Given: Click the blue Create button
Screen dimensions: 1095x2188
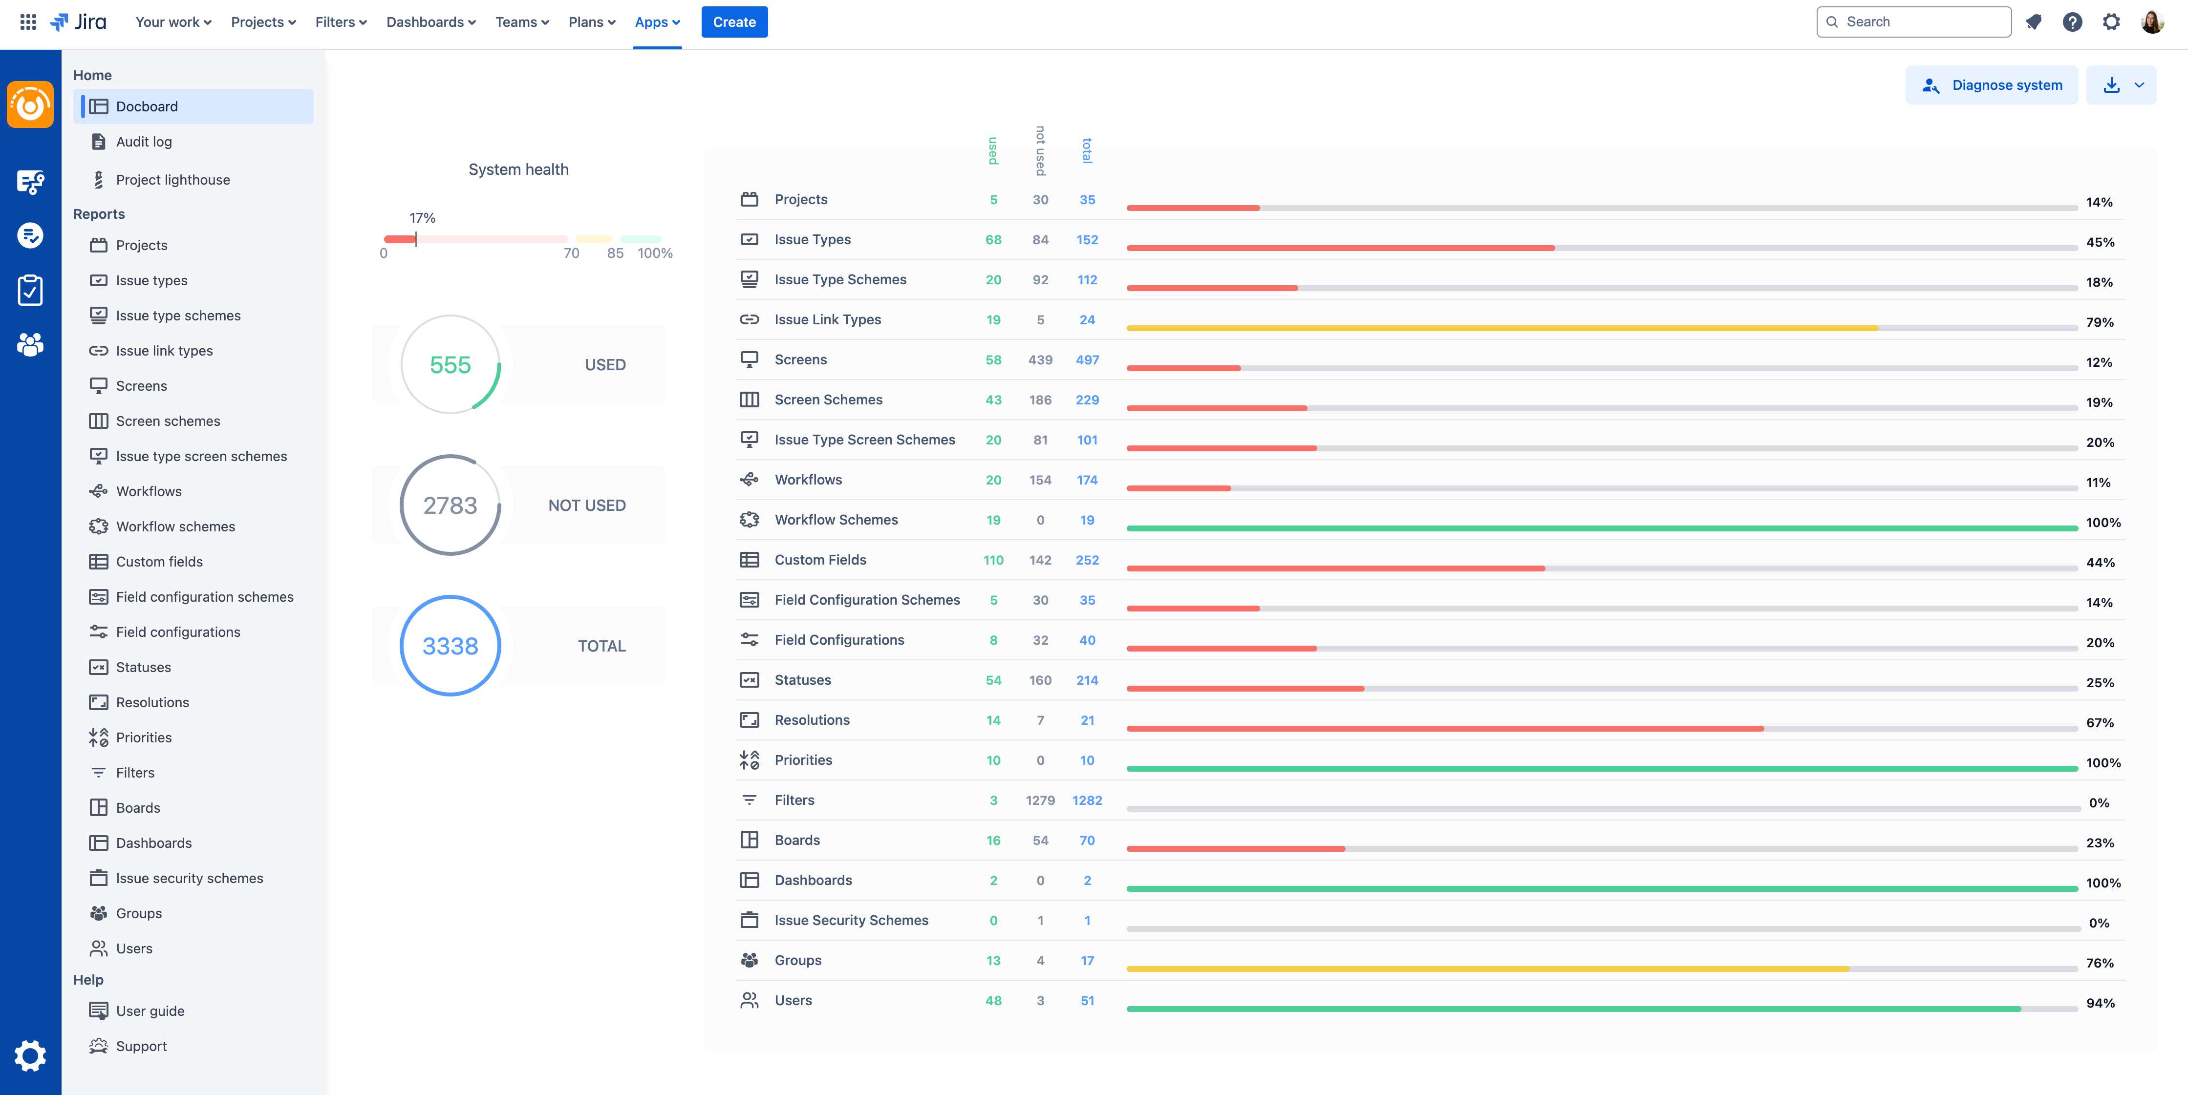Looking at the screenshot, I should (734, 22).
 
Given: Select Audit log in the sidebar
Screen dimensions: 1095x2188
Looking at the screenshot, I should (144, 142).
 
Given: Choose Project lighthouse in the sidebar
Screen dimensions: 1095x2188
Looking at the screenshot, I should (172, 180).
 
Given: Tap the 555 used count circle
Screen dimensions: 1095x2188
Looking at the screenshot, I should (450, 365).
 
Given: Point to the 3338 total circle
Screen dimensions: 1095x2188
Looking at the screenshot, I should (450, 646).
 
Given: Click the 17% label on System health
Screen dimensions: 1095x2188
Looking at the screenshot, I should (422, 218).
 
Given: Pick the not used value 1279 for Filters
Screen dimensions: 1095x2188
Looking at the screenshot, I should (1040, 800).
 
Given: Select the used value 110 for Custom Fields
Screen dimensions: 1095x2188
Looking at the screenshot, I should (993, 560).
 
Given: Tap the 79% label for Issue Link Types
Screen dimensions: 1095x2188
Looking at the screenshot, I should (2100, 322).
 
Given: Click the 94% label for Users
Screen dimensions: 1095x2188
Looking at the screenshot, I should (2100, 1003).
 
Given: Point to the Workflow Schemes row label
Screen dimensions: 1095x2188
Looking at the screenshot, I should (836, 520).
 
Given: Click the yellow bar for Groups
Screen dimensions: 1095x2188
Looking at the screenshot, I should (1486, 969).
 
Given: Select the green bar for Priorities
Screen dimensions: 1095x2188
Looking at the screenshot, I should (1601, 768).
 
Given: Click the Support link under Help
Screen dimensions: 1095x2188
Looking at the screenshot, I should (141, 1047).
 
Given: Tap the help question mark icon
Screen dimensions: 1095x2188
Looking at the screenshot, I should (2072, 22).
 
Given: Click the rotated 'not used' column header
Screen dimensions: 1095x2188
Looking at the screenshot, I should (1040, 150).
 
